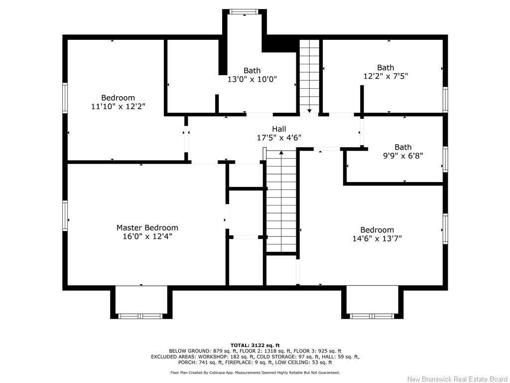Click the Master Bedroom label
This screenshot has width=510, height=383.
[147, 227]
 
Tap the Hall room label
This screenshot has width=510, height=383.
[279, 129]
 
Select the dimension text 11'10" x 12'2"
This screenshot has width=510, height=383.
[118, 106]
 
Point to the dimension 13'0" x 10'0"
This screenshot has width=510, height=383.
[252, 79]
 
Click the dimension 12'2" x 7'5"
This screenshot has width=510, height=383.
[385, 76]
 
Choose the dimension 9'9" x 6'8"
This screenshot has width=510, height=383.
[403, 155]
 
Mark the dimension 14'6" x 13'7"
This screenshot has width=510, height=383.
[377, 238]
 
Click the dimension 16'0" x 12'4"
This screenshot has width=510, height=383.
[147, 236]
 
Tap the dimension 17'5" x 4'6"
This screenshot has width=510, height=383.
[279, 138]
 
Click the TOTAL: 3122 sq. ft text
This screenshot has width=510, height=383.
[255, 345]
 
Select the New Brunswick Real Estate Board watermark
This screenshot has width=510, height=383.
[457, 379]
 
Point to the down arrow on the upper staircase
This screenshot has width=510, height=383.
[309, 111]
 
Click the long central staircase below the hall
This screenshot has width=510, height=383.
[281, 202]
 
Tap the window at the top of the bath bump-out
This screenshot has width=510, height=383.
[245, 11]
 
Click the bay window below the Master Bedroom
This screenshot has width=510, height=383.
[141, 316]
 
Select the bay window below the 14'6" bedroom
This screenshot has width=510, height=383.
[372, 316]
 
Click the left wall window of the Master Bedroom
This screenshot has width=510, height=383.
[65, 215]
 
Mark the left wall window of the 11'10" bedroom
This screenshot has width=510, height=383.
[65, 97]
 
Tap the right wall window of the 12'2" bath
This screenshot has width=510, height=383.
[445, 99]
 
